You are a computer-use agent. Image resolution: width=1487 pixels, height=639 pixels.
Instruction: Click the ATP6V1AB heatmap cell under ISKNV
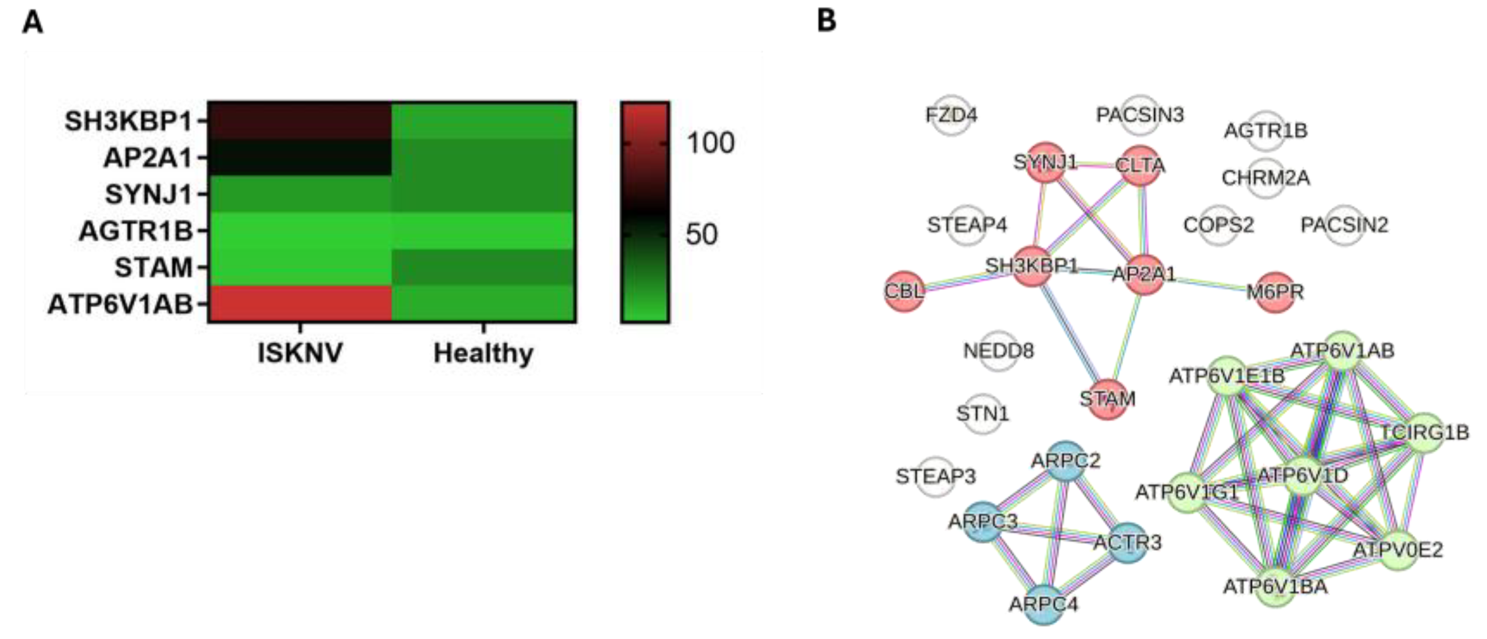pos(300,303)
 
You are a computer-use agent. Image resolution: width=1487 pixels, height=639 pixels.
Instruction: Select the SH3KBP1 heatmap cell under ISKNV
pos(300,121)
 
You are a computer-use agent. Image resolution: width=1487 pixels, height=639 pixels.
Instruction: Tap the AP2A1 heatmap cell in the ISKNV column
pos(300,157)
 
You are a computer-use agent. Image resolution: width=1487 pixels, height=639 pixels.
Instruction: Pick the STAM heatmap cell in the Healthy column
pos(484,267)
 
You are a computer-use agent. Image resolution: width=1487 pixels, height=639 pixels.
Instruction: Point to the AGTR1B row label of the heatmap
pos(136,231)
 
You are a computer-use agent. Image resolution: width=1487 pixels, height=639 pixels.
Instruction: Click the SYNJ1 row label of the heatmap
pos(148,194)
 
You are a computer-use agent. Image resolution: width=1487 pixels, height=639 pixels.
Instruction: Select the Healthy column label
pos(483,353)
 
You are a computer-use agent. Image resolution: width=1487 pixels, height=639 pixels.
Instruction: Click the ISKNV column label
pos(300,353)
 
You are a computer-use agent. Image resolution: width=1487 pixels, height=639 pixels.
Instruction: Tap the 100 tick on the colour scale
pos(710,143)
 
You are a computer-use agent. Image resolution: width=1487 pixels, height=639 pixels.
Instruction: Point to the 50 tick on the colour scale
pos(701,234)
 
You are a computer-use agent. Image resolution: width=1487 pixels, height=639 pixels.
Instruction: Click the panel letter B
pos(826,21)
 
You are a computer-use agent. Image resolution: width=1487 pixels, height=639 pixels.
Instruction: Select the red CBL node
pos(905,291)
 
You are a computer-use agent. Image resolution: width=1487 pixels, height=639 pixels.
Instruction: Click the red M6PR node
pos(1276,292)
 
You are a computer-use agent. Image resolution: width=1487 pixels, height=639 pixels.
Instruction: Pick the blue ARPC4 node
pos(1044,604)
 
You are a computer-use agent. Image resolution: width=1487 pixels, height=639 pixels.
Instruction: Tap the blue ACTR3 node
pos(1127,543)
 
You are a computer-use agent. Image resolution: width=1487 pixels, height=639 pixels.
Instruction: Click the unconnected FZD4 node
pos(951,115)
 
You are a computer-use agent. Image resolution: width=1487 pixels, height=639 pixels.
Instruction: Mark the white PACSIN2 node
pos(1344,225)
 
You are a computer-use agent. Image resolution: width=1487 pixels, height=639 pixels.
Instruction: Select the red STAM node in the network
pos(1107,399)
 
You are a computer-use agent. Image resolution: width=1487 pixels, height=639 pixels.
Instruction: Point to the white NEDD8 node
pos(998,351)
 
